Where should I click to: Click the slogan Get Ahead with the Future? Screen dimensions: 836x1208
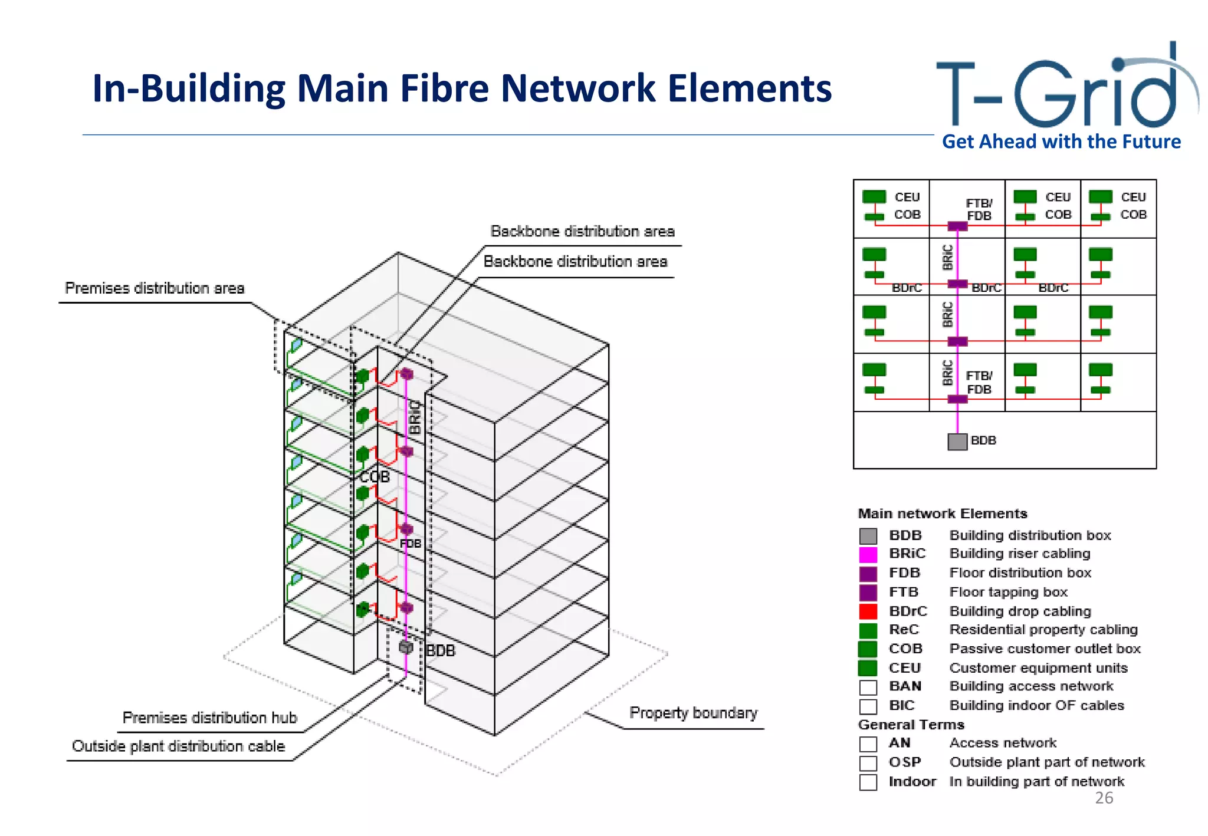tap(1061, 142)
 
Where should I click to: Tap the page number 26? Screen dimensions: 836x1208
tap(1104, 798)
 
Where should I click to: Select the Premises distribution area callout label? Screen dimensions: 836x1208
tap(155, 288)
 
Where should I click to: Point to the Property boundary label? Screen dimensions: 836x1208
tap(693, 713)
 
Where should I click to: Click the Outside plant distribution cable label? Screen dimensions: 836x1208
tap(178, 746)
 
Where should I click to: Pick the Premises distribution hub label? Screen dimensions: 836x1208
tap(209, 717)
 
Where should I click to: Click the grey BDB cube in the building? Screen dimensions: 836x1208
tap(406, 647)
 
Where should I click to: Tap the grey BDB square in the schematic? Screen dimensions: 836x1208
tap(957, 442)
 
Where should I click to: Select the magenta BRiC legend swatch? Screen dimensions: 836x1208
tap(868, 554)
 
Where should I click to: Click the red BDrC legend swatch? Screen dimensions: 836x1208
tap(868, 611)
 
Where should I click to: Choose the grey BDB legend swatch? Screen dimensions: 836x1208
tap(868, 535)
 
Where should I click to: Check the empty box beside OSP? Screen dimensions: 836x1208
tap(868, 763)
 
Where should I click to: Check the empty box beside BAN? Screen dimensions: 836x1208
tap(868, 687)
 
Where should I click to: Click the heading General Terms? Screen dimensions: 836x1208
tap(911, 725)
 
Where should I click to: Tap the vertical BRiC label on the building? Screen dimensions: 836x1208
tap(415, 417)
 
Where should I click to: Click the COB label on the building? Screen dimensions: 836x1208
tap(375, 476)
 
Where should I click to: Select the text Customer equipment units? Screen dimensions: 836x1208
tap(1038, 668)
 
